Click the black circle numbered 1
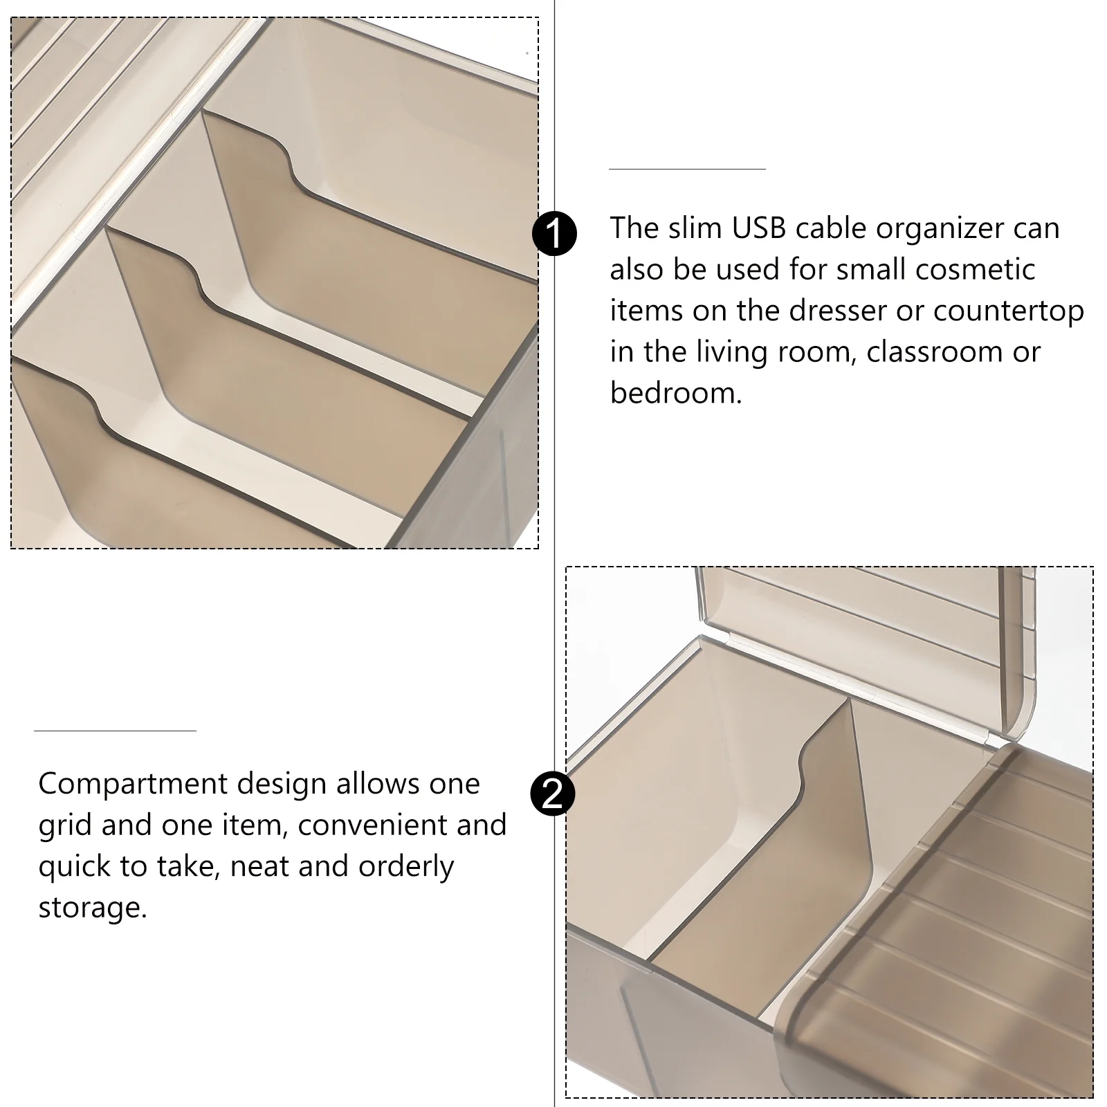point(554,234)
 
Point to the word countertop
point(1009,312)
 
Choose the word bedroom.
point(675,393)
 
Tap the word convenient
point(372,825)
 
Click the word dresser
point(838,311)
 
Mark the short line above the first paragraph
point(687,169)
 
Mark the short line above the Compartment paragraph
point(115,731)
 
